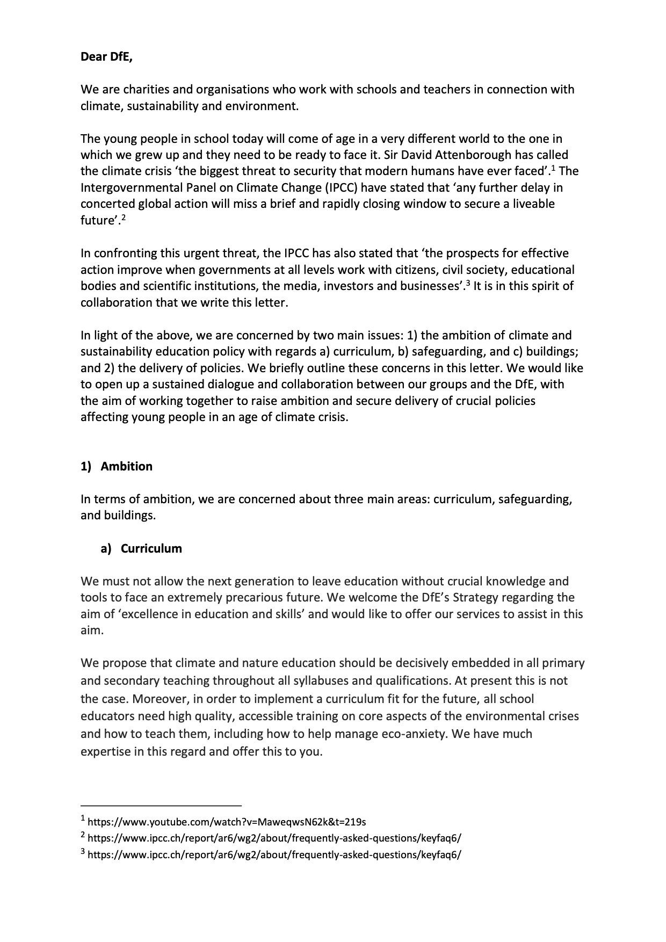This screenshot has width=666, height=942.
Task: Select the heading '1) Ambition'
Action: pyautogui.click(x=117, y=466)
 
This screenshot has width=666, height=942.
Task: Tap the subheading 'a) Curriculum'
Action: pyautogui.click(x=141, y=548)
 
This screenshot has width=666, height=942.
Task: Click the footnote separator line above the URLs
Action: pyautogui.click(x=161, y=806)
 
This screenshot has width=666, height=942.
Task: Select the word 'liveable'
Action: pyautogui.click(x=532, y=204)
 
